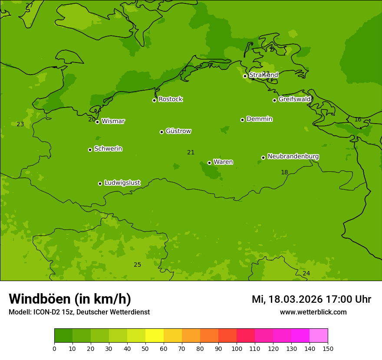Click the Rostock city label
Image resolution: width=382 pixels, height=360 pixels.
(170, 99)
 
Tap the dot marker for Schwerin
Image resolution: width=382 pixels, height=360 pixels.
(90, 150)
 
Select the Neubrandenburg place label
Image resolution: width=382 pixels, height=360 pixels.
(293, 157)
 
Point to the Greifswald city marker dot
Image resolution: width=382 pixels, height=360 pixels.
(274, 100)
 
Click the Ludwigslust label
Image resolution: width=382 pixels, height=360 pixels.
(122, 183)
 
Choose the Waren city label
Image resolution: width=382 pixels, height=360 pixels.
(223, 162)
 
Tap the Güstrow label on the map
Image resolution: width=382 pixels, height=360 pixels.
(178, 131)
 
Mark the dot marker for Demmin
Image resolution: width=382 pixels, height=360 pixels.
(242, 120)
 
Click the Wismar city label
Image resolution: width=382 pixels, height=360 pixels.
(113, 121)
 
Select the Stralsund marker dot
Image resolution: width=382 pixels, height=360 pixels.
(245, 76)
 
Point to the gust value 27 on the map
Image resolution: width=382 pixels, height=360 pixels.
(29, 6)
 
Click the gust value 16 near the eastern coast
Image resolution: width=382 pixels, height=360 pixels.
(358, 120)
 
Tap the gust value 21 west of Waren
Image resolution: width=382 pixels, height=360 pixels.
(191, 152)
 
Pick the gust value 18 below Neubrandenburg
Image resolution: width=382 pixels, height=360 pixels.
(284, 173)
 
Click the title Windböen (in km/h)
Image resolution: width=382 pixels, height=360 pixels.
(70, 299)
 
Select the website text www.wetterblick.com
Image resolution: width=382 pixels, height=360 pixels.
(313, 312)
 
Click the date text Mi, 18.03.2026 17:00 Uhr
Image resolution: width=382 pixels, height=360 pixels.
(311, 299)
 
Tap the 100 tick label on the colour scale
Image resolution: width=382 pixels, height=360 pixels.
(237, 348)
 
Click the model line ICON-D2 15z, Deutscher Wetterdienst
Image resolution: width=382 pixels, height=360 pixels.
(79, 312)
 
